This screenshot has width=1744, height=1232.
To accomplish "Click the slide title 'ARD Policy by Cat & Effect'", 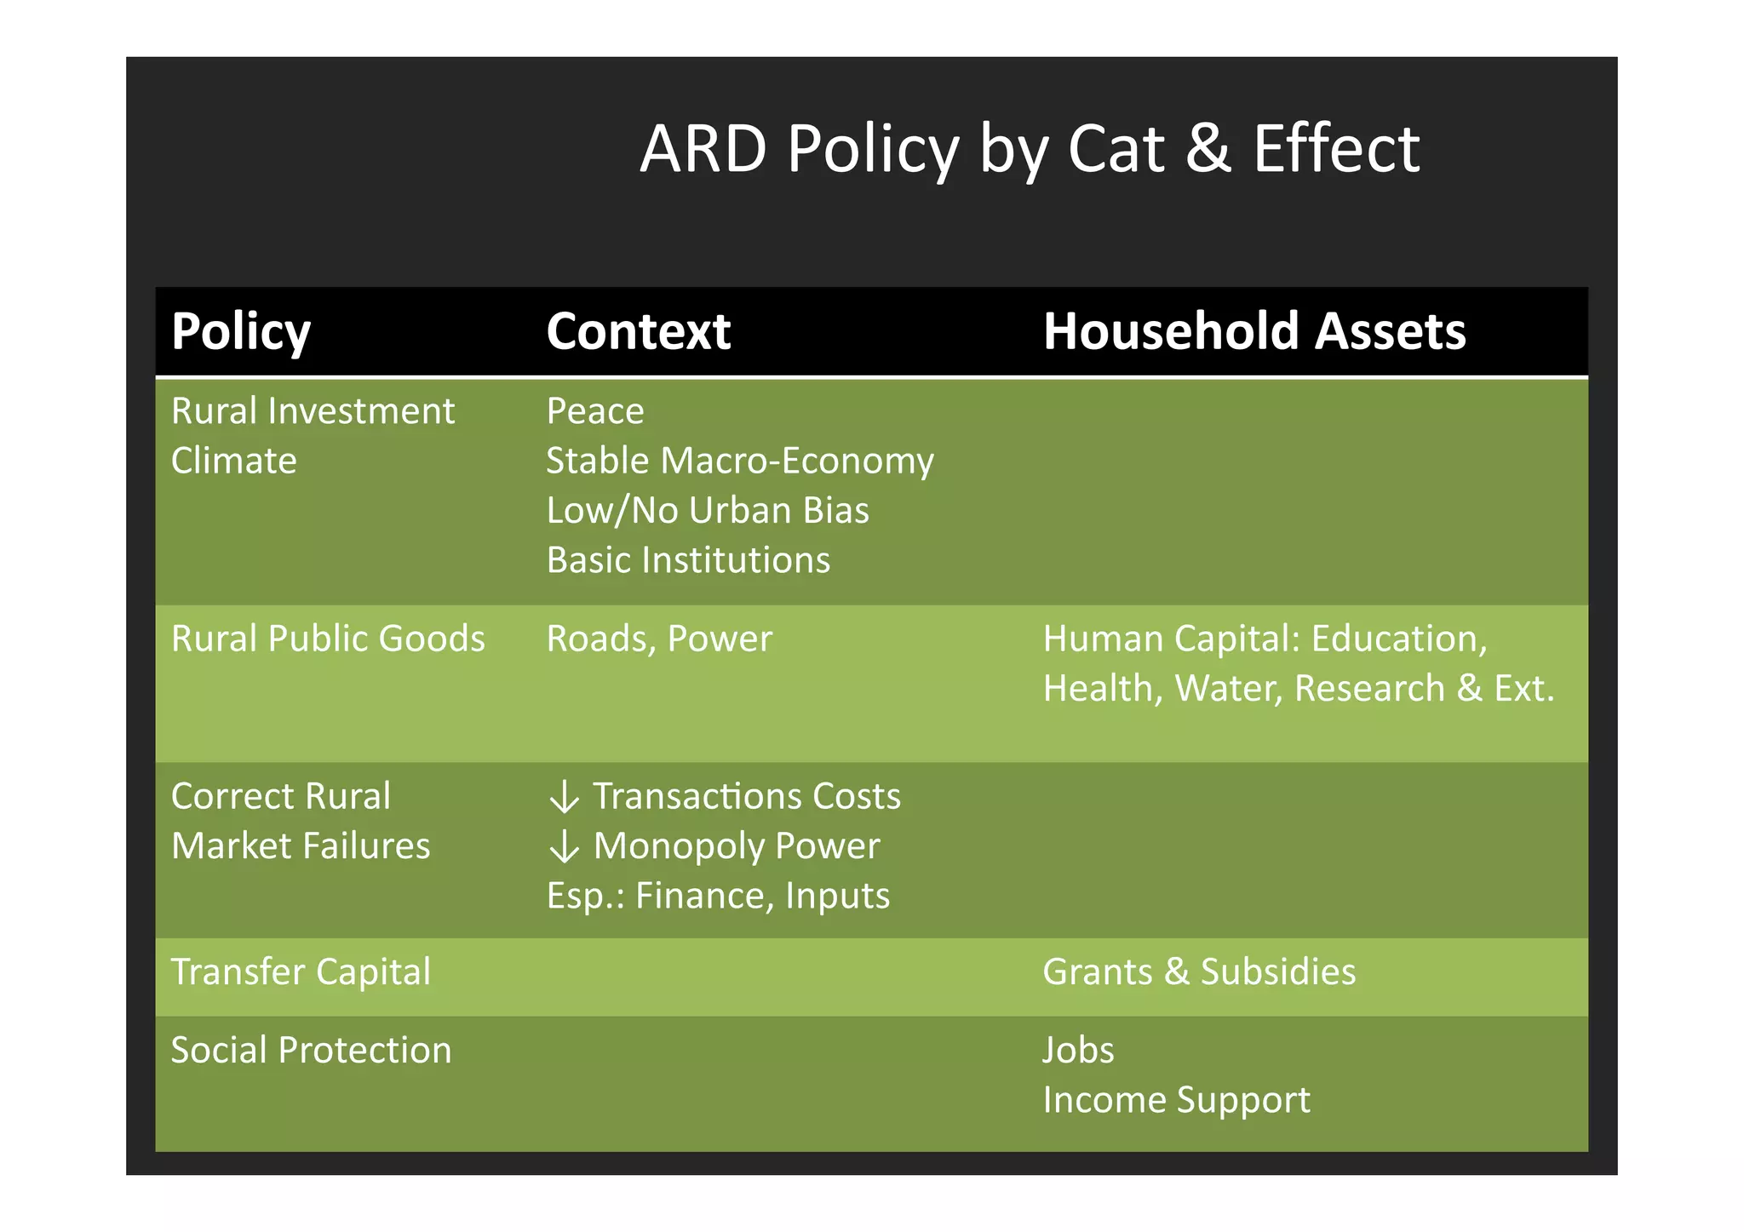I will (1029, 149).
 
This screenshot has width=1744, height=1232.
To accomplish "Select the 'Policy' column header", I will (241, 331).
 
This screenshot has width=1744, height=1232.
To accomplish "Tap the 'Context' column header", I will (638, 331).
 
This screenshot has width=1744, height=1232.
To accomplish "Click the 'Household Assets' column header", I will (1253, 331).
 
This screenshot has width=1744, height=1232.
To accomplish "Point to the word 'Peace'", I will (594, 411).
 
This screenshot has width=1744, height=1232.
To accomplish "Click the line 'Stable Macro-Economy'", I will (739, 461).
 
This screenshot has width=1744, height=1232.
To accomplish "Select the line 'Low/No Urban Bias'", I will (707, 511).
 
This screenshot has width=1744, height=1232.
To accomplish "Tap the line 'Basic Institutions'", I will (687, 560).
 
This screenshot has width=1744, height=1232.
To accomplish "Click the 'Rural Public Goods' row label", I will (328, 639).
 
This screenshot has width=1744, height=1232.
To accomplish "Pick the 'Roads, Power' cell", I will (658, 639).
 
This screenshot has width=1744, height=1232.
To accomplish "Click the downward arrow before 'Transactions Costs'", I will (564, 798).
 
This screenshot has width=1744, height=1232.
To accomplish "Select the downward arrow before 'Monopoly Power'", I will (564, 847).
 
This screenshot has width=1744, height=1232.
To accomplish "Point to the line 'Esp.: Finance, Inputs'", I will (717, 896).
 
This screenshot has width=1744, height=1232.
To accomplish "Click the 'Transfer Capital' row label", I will (301, 972).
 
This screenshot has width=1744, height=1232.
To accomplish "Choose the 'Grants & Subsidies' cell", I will (1198, 972).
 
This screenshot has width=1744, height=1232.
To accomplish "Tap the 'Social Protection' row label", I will (311, 1050).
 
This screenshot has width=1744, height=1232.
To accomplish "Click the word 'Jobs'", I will (1077, 1051).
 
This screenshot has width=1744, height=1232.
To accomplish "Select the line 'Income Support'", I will (1175, 1100).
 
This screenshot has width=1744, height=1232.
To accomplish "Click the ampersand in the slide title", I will (1208, 149).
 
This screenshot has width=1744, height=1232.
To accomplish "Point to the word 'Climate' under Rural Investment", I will (233, 461).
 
